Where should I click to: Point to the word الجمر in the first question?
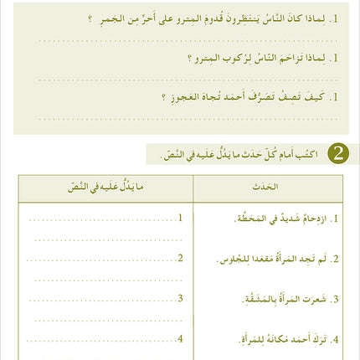(x=115, y=18)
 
